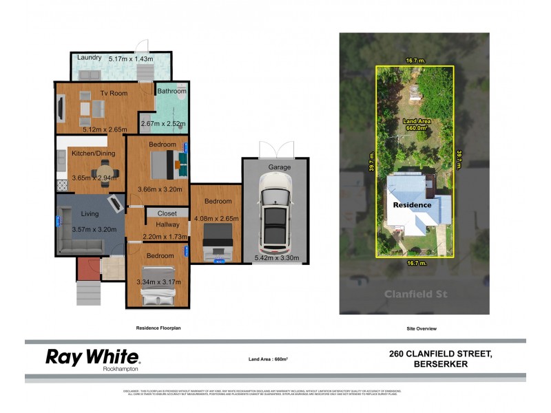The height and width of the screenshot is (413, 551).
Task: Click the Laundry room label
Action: tap(90, 58)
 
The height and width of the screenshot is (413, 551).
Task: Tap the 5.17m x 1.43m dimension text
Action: tap(131, 59)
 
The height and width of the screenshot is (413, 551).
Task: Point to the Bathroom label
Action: tap(171, 91)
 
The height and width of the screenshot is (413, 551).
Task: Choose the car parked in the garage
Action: tap(275, 213)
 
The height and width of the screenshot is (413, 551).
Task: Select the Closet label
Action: tap(167, 213)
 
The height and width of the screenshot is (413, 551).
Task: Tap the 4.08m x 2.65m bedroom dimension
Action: tap(216, 220)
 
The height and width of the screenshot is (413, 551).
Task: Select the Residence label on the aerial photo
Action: tap(412, 204)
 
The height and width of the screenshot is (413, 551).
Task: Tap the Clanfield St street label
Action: tap(415, 294)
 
